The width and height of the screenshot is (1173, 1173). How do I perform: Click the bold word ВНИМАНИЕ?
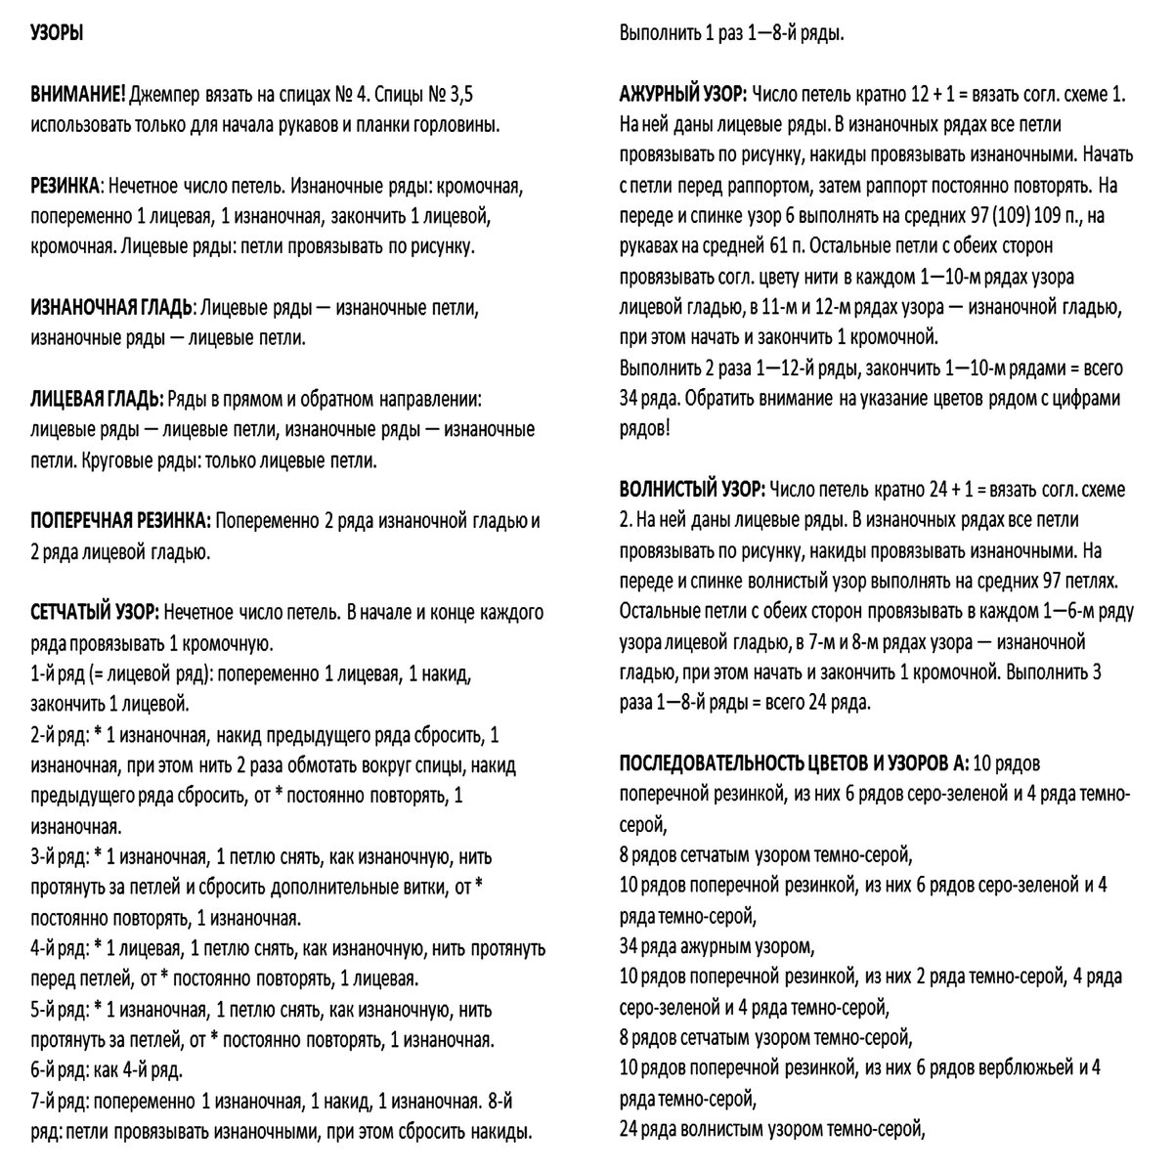pos(78,95)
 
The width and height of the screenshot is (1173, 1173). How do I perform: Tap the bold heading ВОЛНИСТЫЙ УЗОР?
pos(691,489)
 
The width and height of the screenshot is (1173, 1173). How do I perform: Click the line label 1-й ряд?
pos(60,674)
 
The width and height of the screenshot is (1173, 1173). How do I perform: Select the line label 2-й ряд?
pos(60,735)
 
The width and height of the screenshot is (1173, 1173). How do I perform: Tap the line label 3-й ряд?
pos(60,857)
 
